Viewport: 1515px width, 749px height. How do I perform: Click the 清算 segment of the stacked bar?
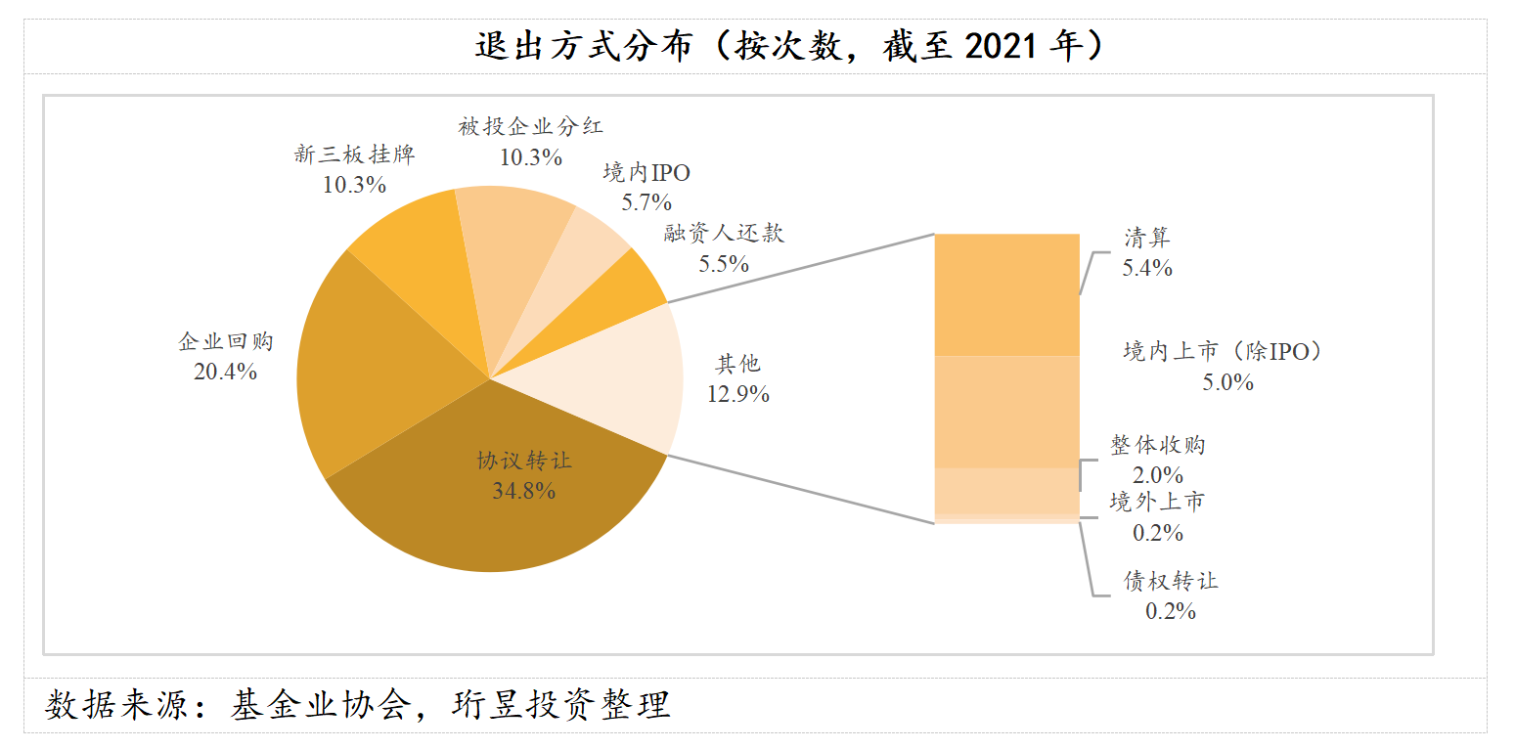click(1006, 293)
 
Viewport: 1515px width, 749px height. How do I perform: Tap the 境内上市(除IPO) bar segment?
click(1006, 411)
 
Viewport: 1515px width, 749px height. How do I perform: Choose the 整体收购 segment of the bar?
click(1006, 490)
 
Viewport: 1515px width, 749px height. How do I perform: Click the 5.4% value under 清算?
click(1147, 268)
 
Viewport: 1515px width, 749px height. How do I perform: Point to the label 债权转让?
click(1171, 581)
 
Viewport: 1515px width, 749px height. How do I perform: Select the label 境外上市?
click(1157, 503)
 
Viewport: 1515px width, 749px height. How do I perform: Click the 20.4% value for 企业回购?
click(225, 372)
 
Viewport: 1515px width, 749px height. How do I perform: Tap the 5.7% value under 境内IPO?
click(646, 202)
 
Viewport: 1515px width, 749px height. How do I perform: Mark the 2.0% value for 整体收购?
click(1158, 475)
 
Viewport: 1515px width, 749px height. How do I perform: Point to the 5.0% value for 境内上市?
click(1227, 382)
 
